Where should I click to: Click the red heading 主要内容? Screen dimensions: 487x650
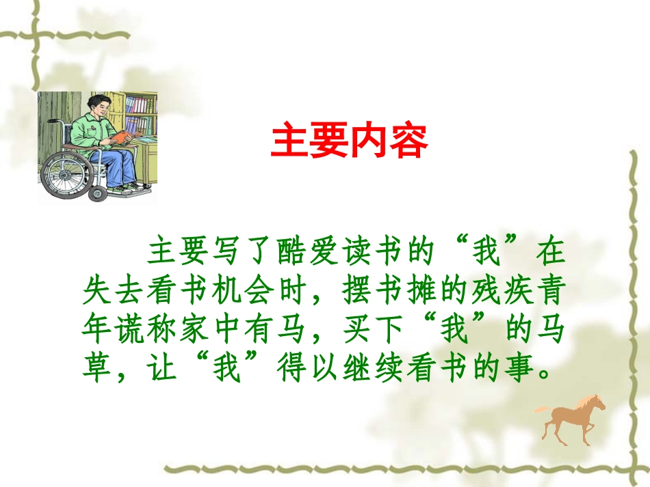pyautogui.click(x=349, y=141)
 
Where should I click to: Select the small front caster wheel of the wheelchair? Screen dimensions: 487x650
pyautogui.click(x=98, y=194)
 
